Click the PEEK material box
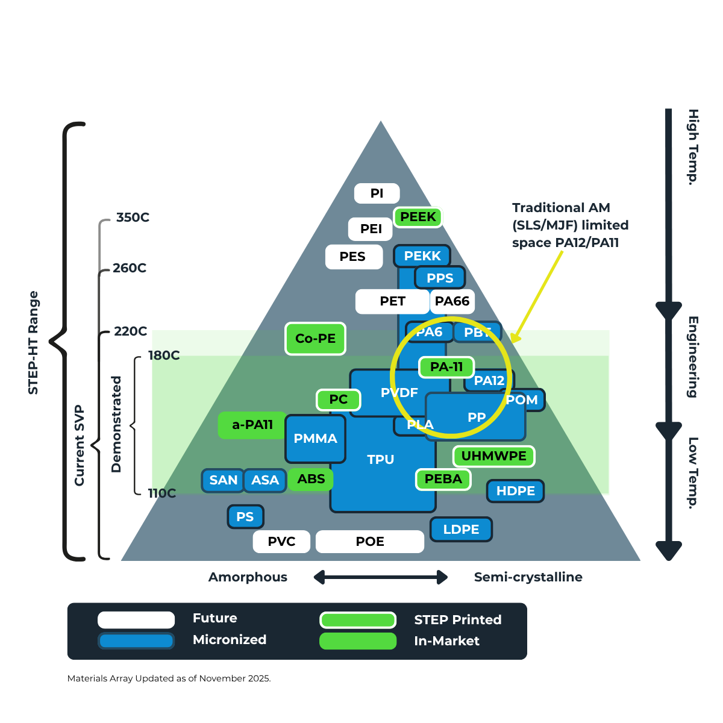(x=418, y=217)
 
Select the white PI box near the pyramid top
(x=377, y=193)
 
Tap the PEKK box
(x=422, y=256)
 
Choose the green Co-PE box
(x=315, y=339)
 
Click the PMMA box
(x=315, y=439)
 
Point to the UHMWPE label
(x=493, y=456)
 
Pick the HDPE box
(x=515, y=491)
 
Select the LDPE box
(x=461, y=530)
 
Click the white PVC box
(x=281, y=542)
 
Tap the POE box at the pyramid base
(x=370, y=542)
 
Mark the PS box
(x=245, y=517)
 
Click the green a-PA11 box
(x=252, y=425)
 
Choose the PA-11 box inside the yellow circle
(x=446, y=367)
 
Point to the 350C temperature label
(x=133, y=218)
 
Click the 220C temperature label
(x=131, y=331)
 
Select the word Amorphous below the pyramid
(x=248, y=577)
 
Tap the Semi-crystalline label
(x=528, y=577)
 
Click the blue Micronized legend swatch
(x=136, y=640)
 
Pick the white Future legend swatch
(x=136, y=619)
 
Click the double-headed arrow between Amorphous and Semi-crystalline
(x=381, y=577)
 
